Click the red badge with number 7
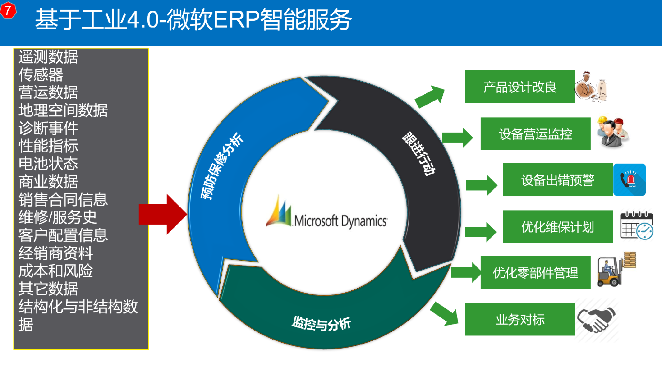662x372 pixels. [8, 10]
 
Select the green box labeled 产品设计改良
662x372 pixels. [520, 87]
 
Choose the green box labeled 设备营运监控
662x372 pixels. [535, 134]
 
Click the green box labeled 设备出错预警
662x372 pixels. [558, 180]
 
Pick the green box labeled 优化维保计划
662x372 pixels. [558, 227]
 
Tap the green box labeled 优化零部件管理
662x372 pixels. [535, 272]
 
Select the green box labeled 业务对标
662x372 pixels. [520, 319]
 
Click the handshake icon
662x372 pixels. [597, 320]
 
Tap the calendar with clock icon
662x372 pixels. [636, 225]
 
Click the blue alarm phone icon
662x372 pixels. [630, 180]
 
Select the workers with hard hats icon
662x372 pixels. [613, 132]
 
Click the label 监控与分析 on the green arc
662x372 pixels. [321, 323]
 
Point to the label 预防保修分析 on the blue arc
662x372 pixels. [222, 166]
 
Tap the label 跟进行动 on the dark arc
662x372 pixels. [419, 153]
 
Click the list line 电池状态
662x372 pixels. [48, 164]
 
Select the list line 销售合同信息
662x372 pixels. [63, 199]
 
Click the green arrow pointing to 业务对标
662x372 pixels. [444, 314]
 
